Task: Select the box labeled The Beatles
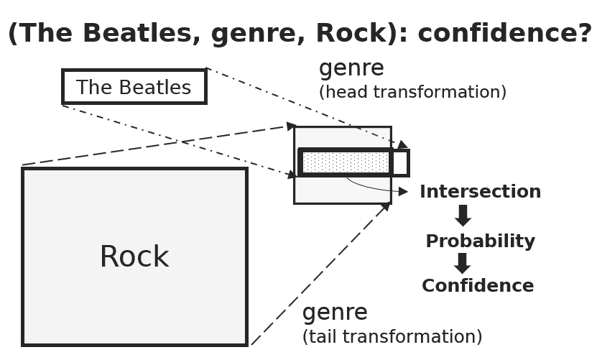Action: pos(134,87)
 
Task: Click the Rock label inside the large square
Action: pos(134,257)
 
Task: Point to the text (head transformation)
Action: pos(412,93)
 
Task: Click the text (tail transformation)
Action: pos(392,337)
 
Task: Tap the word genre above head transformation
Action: pos(351,69)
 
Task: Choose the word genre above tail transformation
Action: pos(335,313)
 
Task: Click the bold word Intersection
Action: pos(480,192)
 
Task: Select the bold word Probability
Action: pos(480,241)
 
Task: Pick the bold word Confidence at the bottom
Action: pos(478,286)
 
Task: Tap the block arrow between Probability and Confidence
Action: pos(463,263)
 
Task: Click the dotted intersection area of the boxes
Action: pos(345,162)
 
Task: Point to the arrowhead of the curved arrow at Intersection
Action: pos(404,192)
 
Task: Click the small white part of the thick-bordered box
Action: pos(399,163)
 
